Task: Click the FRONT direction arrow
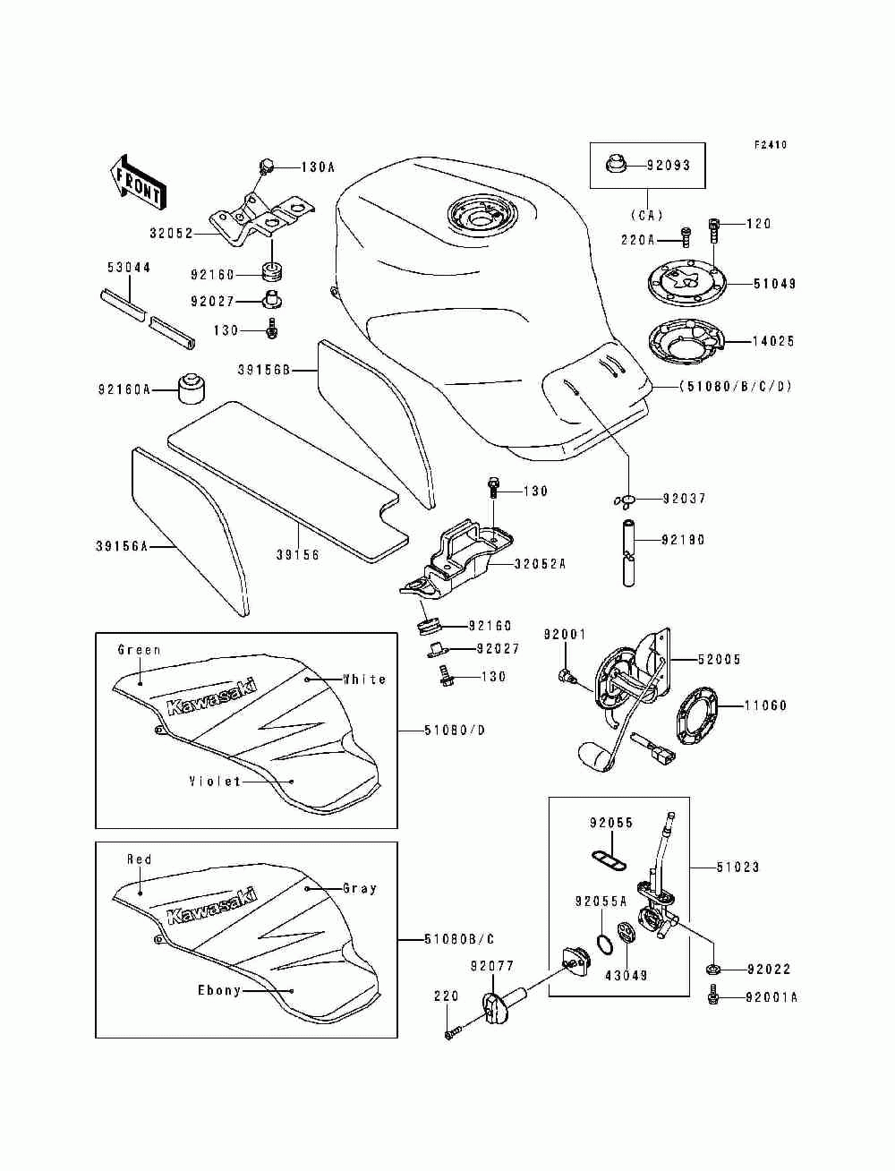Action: (x=135, y=182)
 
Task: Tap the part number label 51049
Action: (x=774, y=284)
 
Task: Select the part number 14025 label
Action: (x=773, y=341)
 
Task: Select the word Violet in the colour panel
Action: (x=215, y=782)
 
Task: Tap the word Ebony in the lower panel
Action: (x=219, y=990)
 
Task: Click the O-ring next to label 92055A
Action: (x=604, y=944)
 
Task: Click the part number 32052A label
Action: (x=540, y=564)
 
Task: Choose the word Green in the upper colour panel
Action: (x=140, y=650)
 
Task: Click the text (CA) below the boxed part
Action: (x=646, y=215)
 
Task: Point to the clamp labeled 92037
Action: (x=626, y=499)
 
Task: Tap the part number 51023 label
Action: (x=737, y=867)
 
